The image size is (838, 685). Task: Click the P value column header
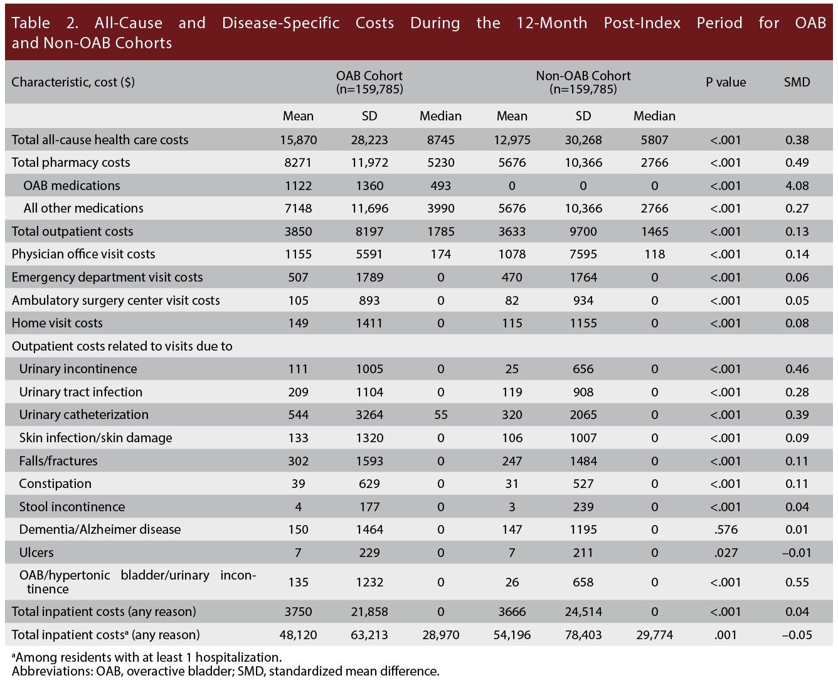pos(726,82)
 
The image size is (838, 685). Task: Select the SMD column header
pos(797,82)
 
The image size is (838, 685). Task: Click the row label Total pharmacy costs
pos(71,162)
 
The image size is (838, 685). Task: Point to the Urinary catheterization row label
pos(83,415)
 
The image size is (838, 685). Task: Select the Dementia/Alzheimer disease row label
pos(100,529)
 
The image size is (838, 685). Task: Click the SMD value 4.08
pos(797,186)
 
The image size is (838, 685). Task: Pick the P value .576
pos(726,529)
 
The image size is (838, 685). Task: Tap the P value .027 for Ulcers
pos(726,553)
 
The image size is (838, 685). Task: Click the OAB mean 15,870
pos(298,140)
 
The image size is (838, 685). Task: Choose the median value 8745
pos(440,140)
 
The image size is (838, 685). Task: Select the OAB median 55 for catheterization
pos(440,415)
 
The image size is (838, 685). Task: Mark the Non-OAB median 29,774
pos(654,635)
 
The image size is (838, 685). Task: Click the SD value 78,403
pos(583,635)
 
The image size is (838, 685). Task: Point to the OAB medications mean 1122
pos(298,186)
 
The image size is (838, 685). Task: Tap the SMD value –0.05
pos(797,635)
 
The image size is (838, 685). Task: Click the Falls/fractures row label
pos(58,461)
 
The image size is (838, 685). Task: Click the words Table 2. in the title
pos(45,23)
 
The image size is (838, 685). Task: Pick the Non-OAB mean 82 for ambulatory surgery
pos(512,300)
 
